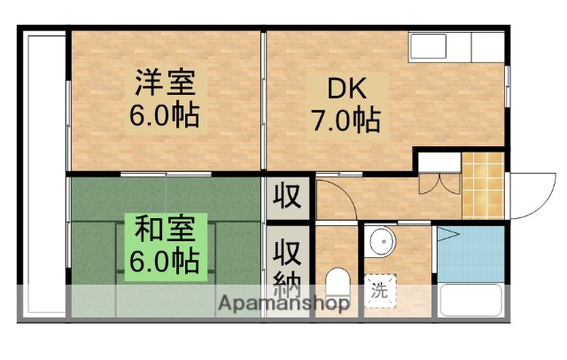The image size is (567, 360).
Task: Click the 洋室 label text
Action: pos(167,86)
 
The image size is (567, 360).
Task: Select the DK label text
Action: pos(346,89)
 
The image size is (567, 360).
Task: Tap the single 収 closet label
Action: pos(289,194)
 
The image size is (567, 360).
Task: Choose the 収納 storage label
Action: pos(289,266)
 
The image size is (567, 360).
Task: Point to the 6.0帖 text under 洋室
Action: pos(167,115)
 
